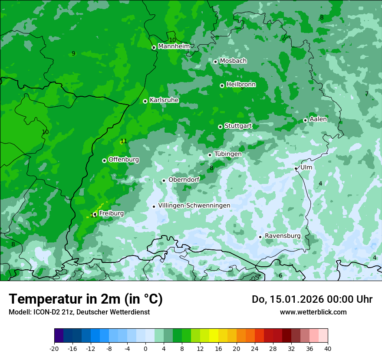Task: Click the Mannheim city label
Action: coord(174,46)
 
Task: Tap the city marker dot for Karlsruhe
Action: coord(145,101)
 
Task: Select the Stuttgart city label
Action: coord(238,126)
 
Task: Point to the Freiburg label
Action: coord(111,213)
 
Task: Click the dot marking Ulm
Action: coord(296,168)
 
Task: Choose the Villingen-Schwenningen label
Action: coord(194,206)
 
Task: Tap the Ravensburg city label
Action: coord(282,236)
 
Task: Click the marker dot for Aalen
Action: coord(305,120)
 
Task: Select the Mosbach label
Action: coord(233,61)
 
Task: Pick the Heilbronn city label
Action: coord(241,85)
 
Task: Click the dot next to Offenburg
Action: coord(104,160)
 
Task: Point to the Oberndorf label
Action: coord(184,180)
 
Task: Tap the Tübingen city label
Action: coord(227,154)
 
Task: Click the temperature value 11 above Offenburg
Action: coord(124,141)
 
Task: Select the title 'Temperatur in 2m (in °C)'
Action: coord(86,299)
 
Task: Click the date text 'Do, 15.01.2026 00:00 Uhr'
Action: coord(312,299)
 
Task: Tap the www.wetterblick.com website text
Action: coord(313,312)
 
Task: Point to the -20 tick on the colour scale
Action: coord(54,348)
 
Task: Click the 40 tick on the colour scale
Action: coord(327,348)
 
